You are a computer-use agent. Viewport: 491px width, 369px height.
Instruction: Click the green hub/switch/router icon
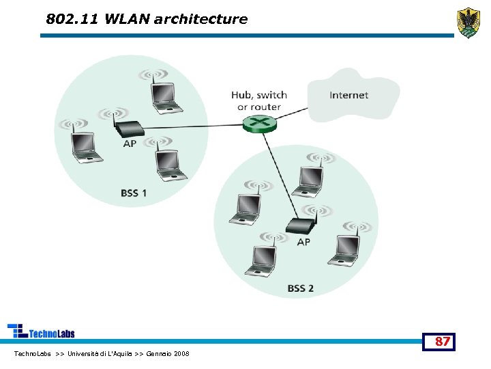(259, 123)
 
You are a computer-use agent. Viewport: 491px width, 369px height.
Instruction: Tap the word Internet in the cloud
(348, 95)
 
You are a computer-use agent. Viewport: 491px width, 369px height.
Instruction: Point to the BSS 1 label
(134, 193)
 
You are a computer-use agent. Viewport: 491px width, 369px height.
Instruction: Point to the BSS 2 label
(301, 288)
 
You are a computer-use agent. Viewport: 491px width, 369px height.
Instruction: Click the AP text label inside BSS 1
(130, 144)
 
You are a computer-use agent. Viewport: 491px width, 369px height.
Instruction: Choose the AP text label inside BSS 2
(303, 242)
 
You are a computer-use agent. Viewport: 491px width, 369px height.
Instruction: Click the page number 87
(443, 341)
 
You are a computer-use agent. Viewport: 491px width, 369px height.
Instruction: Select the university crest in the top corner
(468, 23)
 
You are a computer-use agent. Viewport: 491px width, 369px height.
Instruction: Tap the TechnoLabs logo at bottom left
(41, 331)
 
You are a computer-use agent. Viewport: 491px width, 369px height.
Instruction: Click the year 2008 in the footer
(181, 353)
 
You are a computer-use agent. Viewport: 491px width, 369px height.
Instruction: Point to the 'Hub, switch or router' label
(259, 100)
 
